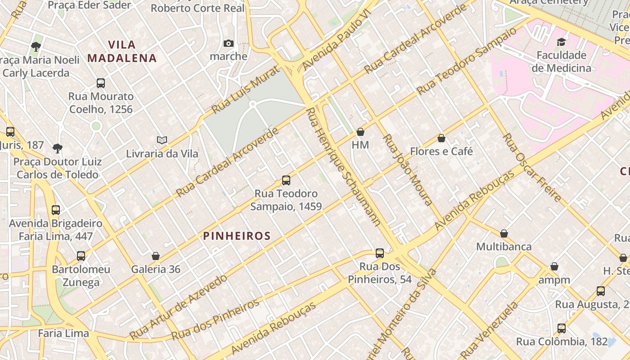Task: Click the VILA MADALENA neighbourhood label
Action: point(122,51)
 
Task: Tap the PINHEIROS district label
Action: point(237,236)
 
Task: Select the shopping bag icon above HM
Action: point(360,132)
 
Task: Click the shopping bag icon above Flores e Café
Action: point(441,138)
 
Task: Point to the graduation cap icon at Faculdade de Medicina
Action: point(561,42)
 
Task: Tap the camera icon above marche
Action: point(229,44)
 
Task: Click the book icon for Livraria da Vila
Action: point(162,140)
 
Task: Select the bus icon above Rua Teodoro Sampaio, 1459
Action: point(286,180)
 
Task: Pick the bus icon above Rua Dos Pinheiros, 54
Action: point(380,253)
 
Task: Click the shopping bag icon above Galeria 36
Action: point(156,256)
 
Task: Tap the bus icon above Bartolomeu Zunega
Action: point(81,256)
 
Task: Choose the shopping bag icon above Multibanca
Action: point(504,234)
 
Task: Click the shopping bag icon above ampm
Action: point(554,266)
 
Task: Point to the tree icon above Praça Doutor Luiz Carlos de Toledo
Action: point(57,148)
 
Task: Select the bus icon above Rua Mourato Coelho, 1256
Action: point(101,83)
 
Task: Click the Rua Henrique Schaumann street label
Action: point(343,166)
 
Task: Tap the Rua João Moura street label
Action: point(407,170)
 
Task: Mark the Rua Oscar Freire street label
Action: point(531,167)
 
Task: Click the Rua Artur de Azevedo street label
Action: point(178,307)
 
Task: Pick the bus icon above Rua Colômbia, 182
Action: point(562,328)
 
